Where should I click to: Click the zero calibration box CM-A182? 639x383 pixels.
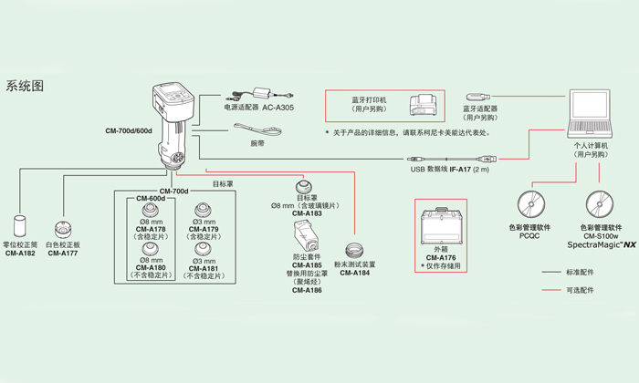coord(21,226)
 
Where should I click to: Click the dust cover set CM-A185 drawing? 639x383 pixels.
coord(305,234)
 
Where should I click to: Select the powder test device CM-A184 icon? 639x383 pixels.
coord(353,248)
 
